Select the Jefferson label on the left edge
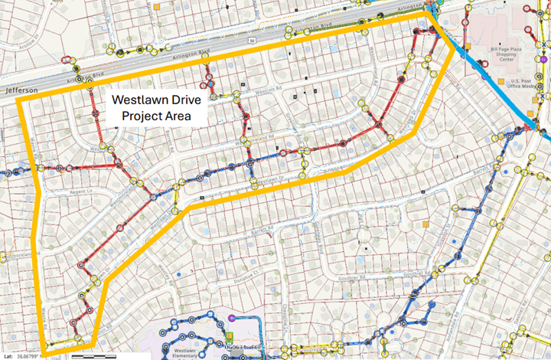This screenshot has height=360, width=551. pos(20,90)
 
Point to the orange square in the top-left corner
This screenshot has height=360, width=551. pos(158,7)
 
